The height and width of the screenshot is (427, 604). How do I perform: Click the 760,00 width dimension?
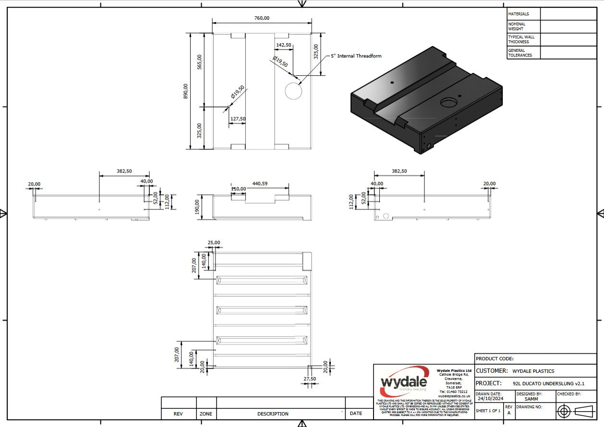[x=262, y=18]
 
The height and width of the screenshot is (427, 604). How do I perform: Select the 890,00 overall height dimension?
[x=186, y=91]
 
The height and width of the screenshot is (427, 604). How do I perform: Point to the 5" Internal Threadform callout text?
[x=356, y=56]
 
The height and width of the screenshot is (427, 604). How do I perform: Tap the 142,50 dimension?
[x=283, y=45]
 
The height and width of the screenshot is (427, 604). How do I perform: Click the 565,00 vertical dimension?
[x=200, y=62]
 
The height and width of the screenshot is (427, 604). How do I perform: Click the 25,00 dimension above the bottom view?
[x=214, y=243]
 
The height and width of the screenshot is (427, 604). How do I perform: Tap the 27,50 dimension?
[x=310, y=378]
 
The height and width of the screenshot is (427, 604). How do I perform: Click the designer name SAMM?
[x=531, y=399]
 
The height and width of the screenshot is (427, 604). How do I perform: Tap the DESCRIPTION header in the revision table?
[x=273, y=414]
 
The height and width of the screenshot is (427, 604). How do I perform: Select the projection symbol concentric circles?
[x=564, y=411]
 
